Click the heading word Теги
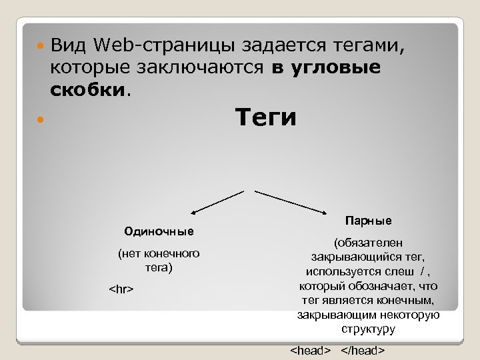pos(266,118)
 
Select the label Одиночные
pos(159,231)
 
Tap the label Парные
pos(368,220)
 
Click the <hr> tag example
pos(121,289)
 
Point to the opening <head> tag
pos(311,351)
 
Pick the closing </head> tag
pos(363,351)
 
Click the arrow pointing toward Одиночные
pos(217,202)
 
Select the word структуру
pos(368,329)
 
